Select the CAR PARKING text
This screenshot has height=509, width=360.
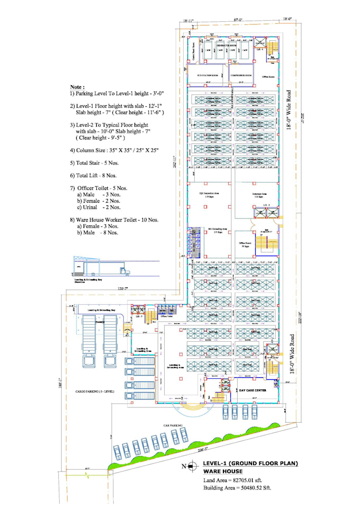172,424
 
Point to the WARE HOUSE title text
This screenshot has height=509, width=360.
223,471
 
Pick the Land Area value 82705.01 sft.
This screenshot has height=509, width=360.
233,480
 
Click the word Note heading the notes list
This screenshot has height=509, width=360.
77,86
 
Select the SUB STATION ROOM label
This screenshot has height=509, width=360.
207,76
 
